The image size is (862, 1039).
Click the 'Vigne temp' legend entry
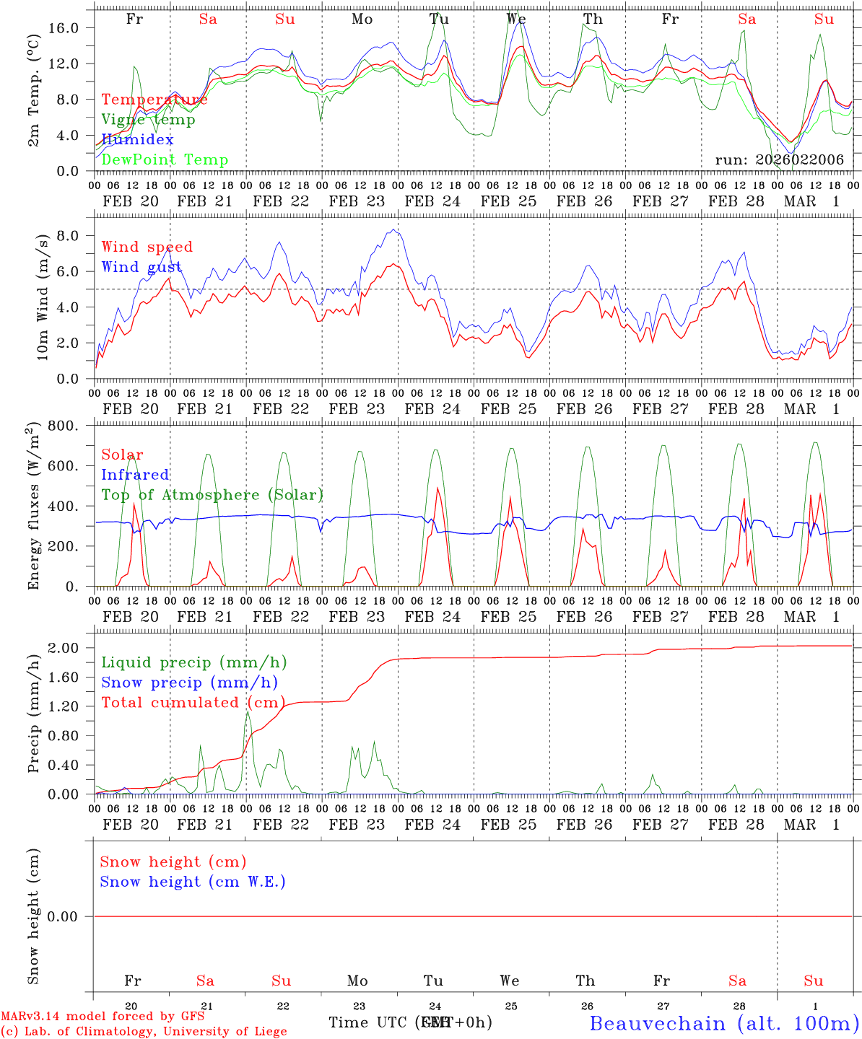pyautogui.click(x=148, y=120)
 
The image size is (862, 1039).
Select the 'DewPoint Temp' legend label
pyautogui.click(x=165, y=159)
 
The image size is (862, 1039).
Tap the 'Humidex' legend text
pyautogui.click(x=137, y=139)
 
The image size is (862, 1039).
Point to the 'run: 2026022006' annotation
pyautogui.click(x=779, y=159)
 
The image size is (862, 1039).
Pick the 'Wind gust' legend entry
pyautogui.click(x=142, y=267)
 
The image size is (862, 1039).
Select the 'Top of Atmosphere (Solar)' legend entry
pyautogui.click(x=212, y=495)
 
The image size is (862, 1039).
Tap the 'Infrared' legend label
pyautogui.click(x=135, y=475)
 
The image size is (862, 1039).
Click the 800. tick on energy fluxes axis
pyautogui.click(x=63, y=426)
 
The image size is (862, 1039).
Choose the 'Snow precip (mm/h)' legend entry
pyautogui.click(x=189, y=683)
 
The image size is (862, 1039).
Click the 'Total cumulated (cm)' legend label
pyautogui.click(x=193, y=702)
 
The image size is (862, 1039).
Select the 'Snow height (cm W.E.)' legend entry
pyautogui.click(x=193, y=882)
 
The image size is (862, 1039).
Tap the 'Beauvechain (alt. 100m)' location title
pyautogui.click(x=724, y=1023)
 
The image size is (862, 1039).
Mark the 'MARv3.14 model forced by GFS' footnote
pyautogui.click(x=103, y=1016)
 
